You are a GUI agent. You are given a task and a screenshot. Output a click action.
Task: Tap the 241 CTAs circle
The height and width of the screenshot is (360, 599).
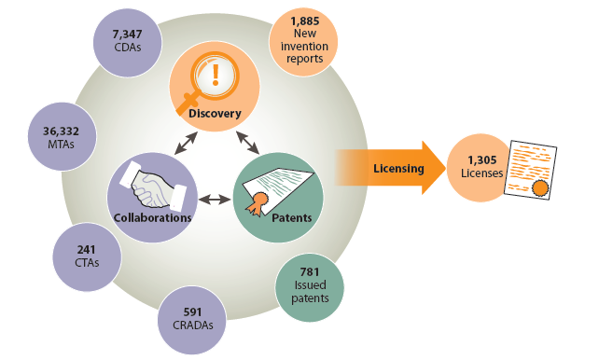pyautogui.click(x=86, y=256)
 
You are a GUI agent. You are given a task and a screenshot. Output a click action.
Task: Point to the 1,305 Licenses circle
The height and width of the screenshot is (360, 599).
pyautogui.click(x=484, y=168)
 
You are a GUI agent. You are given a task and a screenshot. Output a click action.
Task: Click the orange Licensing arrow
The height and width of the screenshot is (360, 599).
pyautogui.click(x=392, y=169)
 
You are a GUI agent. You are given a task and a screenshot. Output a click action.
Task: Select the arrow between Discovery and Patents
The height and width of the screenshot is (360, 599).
pyautogui.click(x=247, y=141)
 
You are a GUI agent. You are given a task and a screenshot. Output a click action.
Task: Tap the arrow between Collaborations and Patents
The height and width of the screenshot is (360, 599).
pyautogui.click(x=216, y=199)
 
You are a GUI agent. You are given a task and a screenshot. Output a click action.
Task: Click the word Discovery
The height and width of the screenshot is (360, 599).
pyautogui.click(x=215, y=114)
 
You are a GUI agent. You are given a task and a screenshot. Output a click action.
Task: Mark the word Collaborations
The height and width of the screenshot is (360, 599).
pyautogui.click(x=152, y=217)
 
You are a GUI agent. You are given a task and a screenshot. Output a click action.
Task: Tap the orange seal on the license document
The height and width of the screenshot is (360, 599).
pyautogui.click(x=538, y=190)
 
